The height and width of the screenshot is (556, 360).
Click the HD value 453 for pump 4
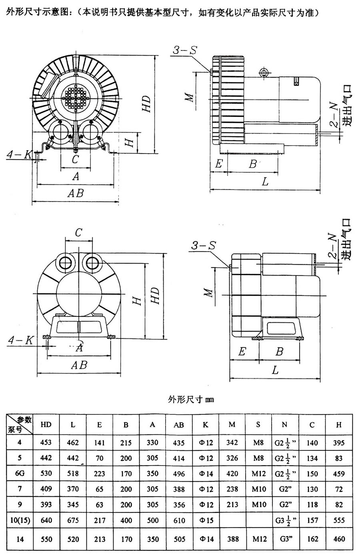point(46,442)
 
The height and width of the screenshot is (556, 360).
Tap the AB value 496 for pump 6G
point(179,474)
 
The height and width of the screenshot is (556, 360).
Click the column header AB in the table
point(179,425)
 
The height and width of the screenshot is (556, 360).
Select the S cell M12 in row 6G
point(259,474)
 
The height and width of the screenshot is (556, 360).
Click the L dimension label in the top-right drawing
point(265,182)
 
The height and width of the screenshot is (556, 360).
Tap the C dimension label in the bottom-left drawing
point(79,232)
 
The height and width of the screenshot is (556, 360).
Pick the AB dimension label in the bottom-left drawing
point(78,365)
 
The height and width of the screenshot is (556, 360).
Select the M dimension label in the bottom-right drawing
point(208,293)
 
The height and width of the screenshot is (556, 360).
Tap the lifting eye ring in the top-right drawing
point(263,72)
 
